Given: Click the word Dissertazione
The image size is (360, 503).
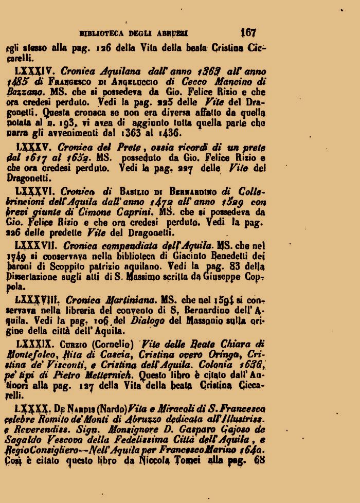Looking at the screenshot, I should (x=35, y=278).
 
